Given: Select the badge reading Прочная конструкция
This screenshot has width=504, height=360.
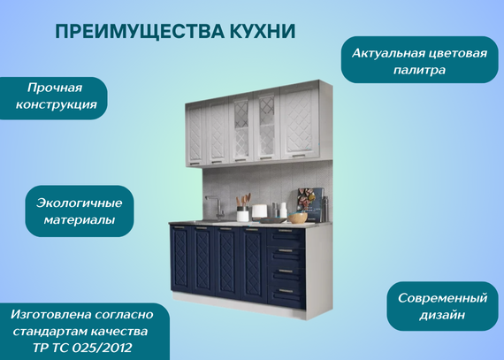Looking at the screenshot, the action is [x=54, y=98].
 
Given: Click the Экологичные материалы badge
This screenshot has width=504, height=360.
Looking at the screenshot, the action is [x=80, y=211].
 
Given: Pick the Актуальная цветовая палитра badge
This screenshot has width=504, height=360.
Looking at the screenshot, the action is [x=420, y=60].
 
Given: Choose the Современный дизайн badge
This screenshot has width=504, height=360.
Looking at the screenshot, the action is [x=443, y=306].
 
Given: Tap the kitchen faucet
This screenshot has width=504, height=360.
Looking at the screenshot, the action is [x=216, y=207].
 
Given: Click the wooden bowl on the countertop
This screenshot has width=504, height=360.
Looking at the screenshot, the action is [x=297, y=218].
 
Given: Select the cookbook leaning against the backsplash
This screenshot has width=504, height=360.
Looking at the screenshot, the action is [x=310, y=204].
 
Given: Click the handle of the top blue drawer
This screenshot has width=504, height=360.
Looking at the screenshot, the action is [x=285, y=231].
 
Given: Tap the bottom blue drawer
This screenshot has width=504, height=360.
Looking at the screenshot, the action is [x=286, y=295].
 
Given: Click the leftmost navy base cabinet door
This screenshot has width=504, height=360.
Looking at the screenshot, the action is [x=181, y=259].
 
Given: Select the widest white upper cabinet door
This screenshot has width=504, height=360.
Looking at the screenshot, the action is [x=299, y=122].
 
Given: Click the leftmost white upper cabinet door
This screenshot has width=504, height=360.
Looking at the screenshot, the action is [x=195, y=134].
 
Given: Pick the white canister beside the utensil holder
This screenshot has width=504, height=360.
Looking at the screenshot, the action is [x=259, y=212].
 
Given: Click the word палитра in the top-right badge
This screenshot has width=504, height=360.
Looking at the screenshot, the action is [x=419, y=70].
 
